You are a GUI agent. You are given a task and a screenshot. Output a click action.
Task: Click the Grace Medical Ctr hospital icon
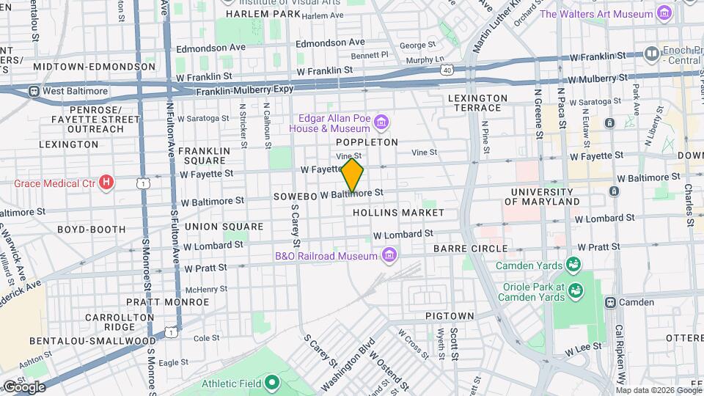coord(107,181)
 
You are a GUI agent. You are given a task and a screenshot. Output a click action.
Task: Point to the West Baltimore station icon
coord(34,91)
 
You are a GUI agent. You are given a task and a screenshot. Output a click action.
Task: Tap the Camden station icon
coord(610,302)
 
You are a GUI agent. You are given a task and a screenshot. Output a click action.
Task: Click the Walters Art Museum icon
coord(664,13)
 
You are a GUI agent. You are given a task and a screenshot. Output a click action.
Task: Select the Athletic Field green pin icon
coord(272,381)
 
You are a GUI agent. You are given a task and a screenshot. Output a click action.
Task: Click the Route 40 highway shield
coord(447,70)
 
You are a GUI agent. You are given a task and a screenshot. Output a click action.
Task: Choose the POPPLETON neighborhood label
coord(367,142)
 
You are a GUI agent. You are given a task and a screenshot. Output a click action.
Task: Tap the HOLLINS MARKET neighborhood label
coord(398,213)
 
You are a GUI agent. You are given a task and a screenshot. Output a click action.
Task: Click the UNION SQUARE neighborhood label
coord(224,227)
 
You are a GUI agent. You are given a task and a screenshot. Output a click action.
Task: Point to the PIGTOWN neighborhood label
coord(450,315)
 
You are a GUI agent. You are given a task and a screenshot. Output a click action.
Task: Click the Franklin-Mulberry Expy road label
coord(245,89)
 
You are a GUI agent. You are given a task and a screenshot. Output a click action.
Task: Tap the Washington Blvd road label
coord(348,366)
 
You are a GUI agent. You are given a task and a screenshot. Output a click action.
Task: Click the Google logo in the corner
coord(24,386)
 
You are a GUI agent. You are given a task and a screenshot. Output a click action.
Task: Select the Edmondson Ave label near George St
coord(330,43)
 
